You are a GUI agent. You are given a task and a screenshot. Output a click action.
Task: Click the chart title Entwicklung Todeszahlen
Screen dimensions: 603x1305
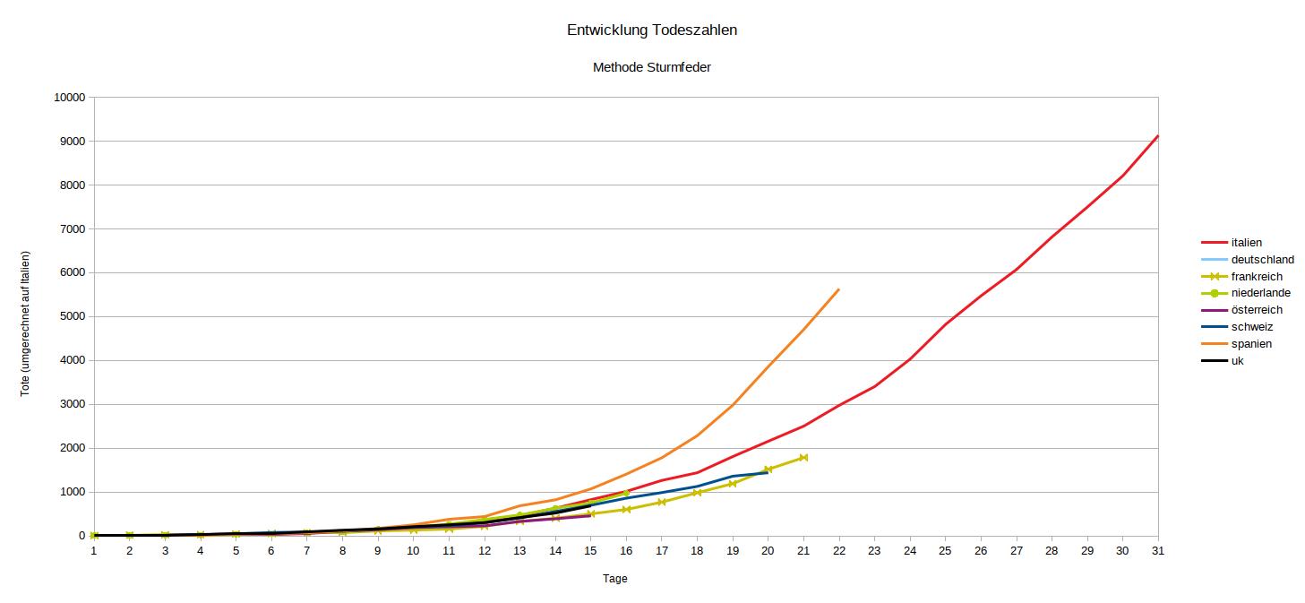pyautogui.click(x=652, y=30)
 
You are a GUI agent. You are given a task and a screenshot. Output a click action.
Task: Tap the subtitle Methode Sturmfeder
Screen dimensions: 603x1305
pyautogui.click(x=652, y=67)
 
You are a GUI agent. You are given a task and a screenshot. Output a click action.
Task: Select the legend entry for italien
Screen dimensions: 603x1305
pyautogui.click(x=1247, y=243)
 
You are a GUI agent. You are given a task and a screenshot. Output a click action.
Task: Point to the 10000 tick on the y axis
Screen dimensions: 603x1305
pyautogui.click(x=69, y=98)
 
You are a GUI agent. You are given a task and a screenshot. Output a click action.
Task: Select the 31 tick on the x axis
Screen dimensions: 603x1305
pyautogui.click(x=1157, y=551)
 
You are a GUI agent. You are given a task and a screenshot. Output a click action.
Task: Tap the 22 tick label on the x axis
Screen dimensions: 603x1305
pyautogui.click(x=838, y=551)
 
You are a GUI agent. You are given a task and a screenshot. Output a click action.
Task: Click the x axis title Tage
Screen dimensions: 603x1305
pyautogui.click(x=615, y=579)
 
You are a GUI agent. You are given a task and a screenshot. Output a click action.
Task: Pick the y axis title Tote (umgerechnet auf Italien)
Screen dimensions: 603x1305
pyautogui.click(x=26, y=323)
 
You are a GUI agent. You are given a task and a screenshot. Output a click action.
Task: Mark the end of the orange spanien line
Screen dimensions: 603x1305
pyautogui.click(x=838, y=289)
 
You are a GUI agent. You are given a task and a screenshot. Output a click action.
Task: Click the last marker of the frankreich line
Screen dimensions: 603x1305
pyautogui.click(x=803, y=458)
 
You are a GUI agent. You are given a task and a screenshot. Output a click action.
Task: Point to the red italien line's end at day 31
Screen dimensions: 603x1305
pyautogui.click(x=1157, y=136)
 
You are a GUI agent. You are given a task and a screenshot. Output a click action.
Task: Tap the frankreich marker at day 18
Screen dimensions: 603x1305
pyautogui.click(x=697, y=493)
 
